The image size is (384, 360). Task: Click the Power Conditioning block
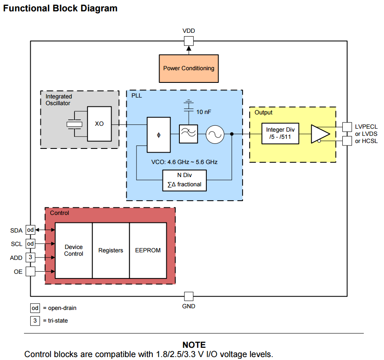pos(189,69)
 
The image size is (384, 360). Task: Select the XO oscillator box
pos(99,124)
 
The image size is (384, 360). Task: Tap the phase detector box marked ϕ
pos(158,135)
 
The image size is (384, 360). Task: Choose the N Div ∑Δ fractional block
pos(184,180)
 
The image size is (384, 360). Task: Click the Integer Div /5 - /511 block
pos(280,133)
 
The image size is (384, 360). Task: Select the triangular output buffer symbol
pos(320,133)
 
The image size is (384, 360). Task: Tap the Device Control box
pos(74,250)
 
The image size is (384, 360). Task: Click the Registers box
pos(111,250)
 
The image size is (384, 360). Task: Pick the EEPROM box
pos(148,250)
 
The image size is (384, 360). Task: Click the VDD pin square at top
pos(189,41)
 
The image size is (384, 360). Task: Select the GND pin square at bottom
pos(189,296)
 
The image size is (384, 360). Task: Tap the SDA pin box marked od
pos(30,230)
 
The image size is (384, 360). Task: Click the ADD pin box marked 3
pos(30,257)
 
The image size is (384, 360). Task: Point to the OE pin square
pos(30,271)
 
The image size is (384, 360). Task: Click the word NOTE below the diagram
pos(194,345)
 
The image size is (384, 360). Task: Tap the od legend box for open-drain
pos(35,308)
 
